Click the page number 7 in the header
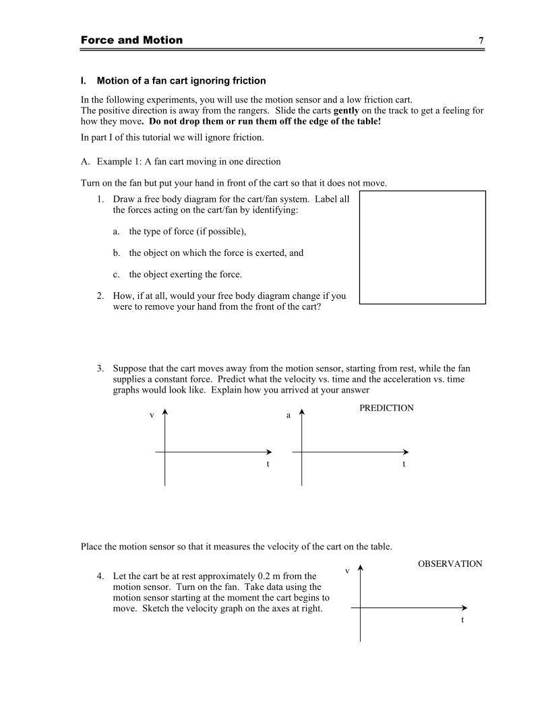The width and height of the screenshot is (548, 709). (x=481, y=40)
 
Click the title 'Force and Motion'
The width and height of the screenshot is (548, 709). (x=131, y=40)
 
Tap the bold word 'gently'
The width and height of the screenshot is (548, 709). (x=346, y=110)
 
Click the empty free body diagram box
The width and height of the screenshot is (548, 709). (x=422, y=247)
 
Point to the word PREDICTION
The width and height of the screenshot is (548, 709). (x=386, y=408)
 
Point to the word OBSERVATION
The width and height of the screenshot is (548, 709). (x=450, y=564)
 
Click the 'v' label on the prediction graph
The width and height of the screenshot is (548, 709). (x=152, y=415)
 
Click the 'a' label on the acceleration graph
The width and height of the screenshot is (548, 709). (x=288, y=415)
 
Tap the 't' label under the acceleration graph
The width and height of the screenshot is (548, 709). (x=404, y=464)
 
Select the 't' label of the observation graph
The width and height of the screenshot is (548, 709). (x=462, y=619)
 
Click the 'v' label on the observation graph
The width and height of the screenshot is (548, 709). (x=347, y=571)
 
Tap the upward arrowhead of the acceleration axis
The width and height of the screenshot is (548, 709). (x=302, y=410)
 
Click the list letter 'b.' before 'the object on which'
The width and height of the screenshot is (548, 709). (x=117, y=253)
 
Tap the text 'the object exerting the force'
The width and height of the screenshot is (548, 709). (x=185, y=274)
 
